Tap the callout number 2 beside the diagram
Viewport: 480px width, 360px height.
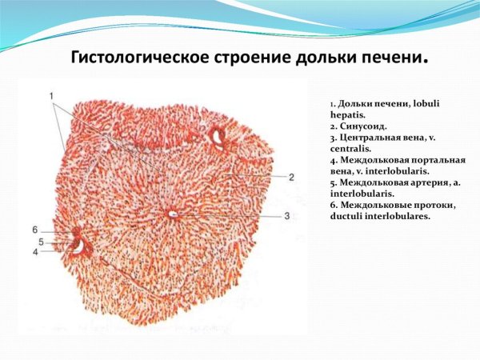point(292,176)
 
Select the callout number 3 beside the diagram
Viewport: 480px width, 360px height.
point(286,216)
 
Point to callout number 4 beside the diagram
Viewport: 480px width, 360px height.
point(35,252)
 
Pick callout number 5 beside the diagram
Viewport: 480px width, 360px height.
point(40,241)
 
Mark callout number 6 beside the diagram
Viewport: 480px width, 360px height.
point(35,230)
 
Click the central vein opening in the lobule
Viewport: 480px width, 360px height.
point(172,213)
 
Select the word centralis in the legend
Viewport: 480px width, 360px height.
point(348,149)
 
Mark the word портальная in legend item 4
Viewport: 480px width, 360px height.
point(437,160)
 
